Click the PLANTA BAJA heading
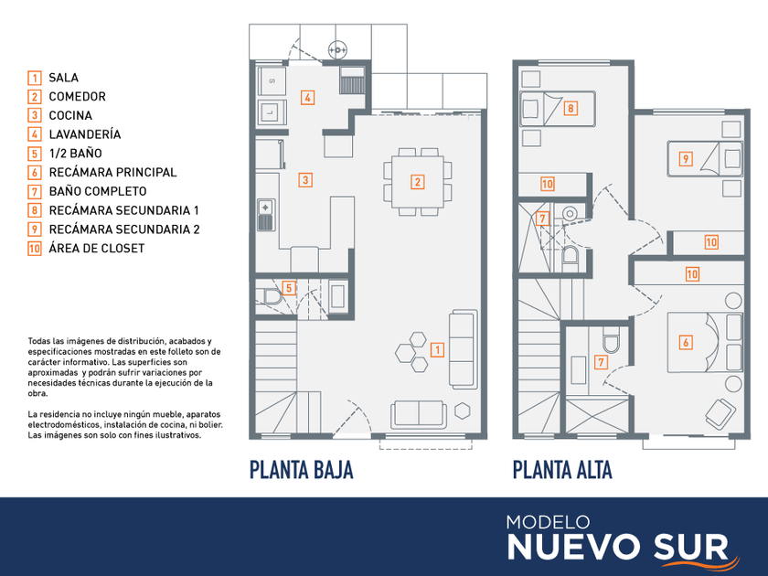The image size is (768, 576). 301,469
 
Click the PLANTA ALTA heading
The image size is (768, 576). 562,469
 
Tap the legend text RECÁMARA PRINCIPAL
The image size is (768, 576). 112,173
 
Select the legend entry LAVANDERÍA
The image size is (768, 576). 85,134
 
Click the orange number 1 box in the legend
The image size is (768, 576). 35,78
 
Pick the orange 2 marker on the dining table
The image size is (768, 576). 417,182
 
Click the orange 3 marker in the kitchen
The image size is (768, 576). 305,180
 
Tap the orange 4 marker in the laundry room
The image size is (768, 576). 307,98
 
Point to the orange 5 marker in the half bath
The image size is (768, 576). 289,288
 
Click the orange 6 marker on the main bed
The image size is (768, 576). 686,342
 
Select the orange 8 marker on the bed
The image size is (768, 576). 571,108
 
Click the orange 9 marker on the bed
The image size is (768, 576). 686,159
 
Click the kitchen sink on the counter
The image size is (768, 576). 266,215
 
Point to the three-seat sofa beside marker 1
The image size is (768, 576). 464,349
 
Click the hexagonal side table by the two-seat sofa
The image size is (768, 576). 462,411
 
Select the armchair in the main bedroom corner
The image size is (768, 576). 720,412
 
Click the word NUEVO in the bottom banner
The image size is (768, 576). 575,546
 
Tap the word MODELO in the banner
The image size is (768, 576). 548,522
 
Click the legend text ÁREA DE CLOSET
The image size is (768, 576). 97,249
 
